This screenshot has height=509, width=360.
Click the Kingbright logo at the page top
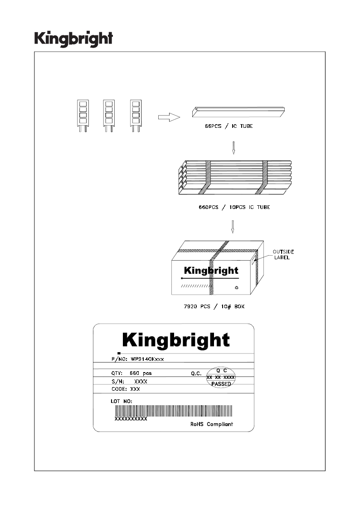74,39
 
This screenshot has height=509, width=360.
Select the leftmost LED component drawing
83,116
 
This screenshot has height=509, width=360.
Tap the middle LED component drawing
109,116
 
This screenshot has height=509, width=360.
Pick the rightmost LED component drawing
136,116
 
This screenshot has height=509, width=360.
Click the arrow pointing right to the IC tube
169,117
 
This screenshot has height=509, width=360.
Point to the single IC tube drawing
238,111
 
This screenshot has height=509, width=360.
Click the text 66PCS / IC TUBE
229,126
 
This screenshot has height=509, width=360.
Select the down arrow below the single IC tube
234,148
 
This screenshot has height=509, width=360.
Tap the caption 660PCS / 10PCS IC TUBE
234,207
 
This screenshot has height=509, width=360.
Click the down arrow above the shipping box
233,227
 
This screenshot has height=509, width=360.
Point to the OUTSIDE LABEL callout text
283,255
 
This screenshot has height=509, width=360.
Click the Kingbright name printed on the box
211,271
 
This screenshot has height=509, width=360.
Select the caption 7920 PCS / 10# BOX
214,306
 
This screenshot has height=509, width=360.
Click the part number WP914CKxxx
147,359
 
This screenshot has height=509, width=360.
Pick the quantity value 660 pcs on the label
141,373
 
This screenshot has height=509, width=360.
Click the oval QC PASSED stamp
221,377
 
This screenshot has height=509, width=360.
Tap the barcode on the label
174,411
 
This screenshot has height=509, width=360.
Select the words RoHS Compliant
212,424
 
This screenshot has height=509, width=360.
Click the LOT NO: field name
122,401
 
